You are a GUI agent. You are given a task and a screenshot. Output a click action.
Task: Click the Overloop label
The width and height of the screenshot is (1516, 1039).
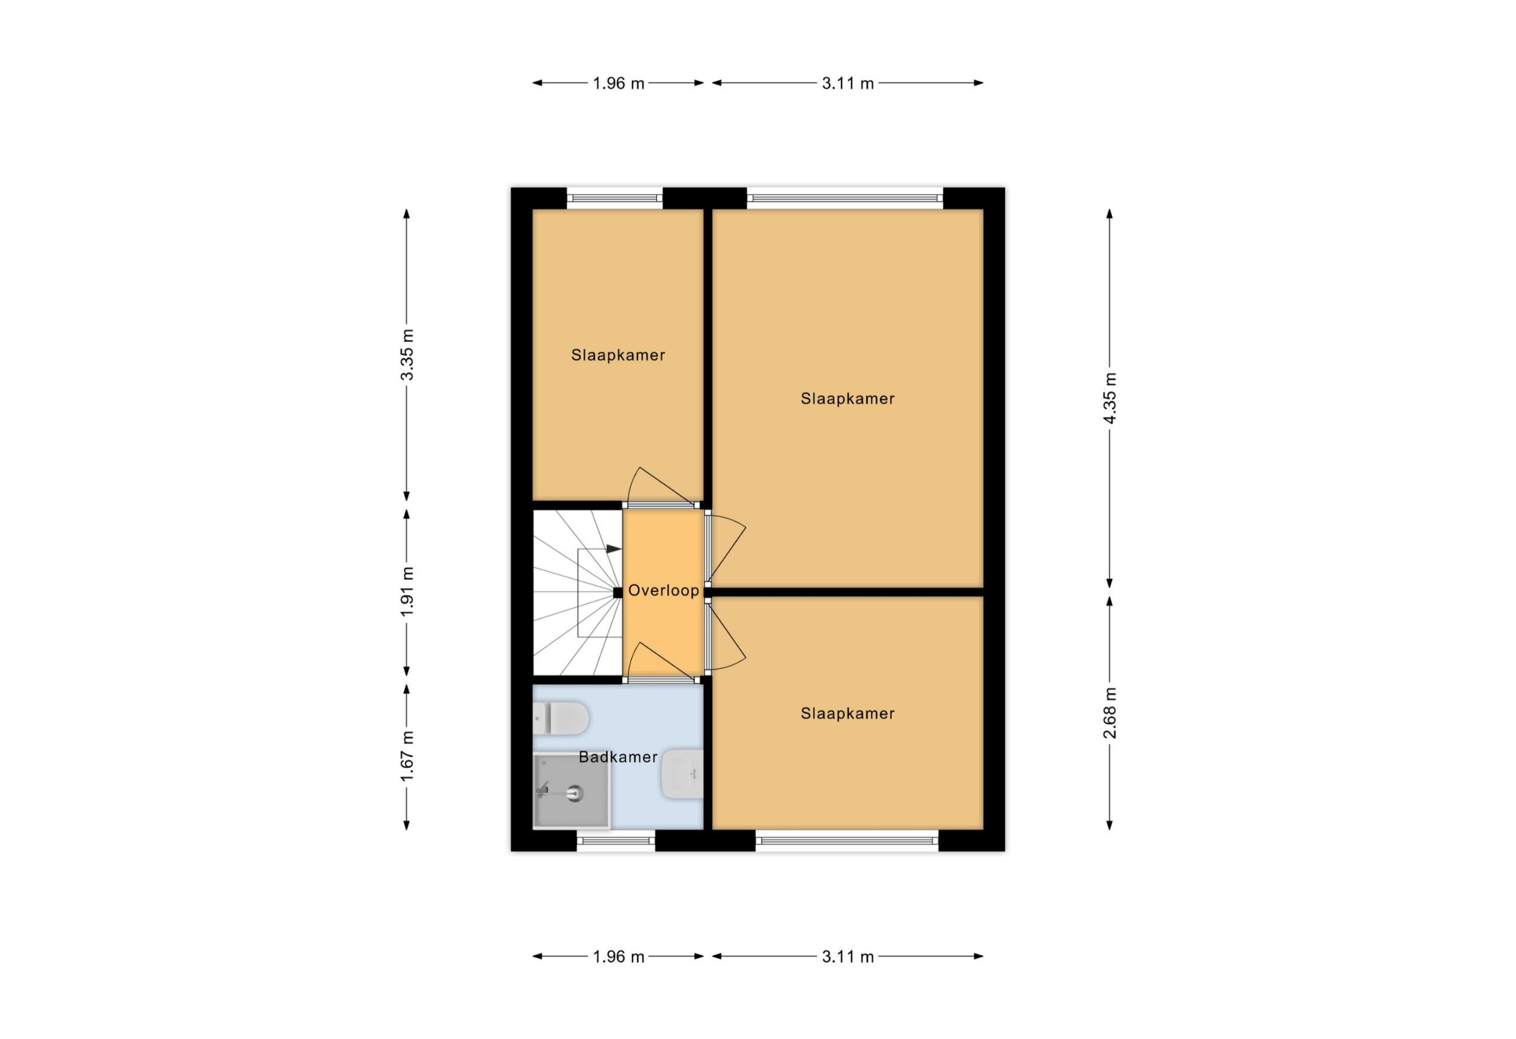(x=663, y=590)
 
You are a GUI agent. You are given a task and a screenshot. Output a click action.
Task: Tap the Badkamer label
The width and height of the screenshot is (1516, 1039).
(x=618, y=757)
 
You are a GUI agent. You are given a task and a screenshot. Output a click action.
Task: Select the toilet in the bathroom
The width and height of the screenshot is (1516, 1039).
(x=561, y=718)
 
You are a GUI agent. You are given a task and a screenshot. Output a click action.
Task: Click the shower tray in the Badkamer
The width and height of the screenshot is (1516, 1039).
(x=571, y=790)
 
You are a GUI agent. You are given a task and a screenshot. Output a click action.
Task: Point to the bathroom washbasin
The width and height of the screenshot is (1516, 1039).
(x=682, y=774)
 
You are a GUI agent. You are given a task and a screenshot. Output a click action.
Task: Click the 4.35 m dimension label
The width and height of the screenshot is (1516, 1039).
(x=1110, y=398)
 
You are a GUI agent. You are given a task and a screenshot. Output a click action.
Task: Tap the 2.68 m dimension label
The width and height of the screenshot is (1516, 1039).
(x=1110, y=713)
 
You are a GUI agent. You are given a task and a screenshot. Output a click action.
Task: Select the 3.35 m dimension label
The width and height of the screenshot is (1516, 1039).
(x=407, y=355)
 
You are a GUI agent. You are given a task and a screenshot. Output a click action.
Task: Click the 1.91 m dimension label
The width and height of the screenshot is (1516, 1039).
(x=407, y=591)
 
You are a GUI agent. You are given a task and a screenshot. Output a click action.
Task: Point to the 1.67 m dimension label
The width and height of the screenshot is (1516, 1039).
(x=407, y=756)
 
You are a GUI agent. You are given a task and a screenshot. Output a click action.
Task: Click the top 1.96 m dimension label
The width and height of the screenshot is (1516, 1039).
(x=618, y=83)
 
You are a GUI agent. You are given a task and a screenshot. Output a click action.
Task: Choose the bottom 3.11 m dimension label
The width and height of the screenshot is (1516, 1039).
(x=847, y=957)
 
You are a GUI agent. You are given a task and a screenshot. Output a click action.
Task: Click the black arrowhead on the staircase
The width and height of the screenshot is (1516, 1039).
(x=614, y=549)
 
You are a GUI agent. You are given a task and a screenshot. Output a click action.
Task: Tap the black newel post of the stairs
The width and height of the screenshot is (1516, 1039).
(x=618, y=592)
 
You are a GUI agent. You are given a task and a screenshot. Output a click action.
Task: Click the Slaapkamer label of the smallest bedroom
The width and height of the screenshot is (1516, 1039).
(x=618, y=355)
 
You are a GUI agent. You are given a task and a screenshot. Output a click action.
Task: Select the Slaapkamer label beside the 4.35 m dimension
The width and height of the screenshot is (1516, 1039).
(x=847, y=398)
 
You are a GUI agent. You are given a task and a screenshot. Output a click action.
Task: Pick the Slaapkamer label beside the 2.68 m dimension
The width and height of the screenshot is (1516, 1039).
(x=847, y=713)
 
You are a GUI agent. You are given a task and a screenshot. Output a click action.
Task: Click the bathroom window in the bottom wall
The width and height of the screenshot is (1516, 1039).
(x=616, y=841)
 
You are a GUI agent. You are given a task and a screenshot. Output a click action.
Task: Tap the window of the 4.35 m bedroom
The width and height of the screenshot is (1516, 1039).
(x=845, y=198)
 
